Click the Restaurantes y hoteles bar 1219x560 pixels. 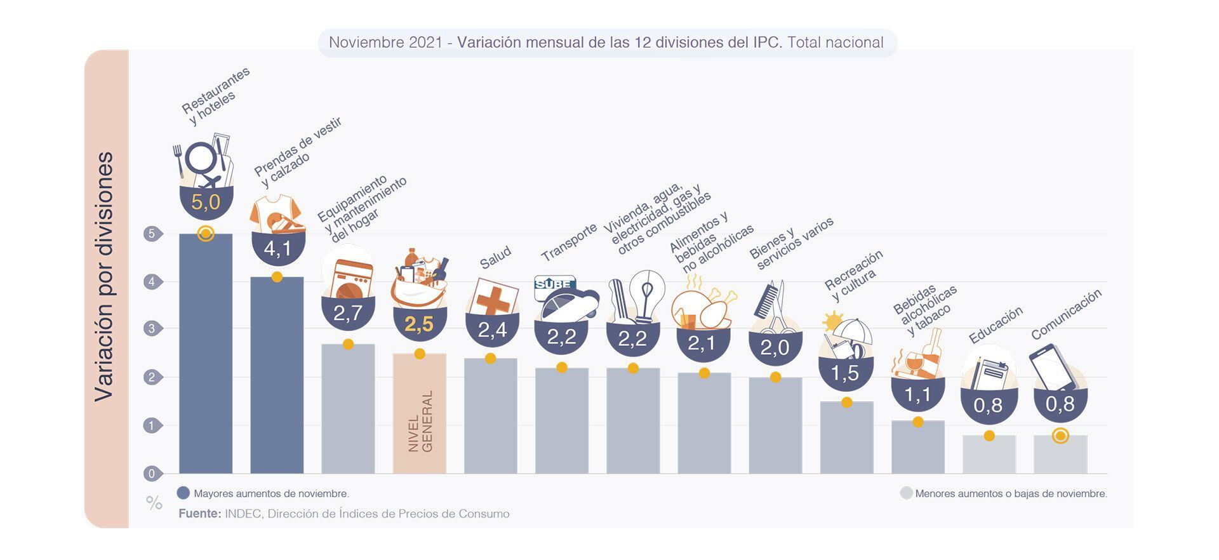206,356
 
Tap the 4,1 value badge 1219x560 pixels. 278,248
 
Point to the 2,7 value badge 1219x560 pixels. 348,312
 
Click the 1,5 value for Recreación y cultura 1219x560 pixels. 845,373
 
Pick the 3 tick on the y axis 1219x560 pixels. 152,329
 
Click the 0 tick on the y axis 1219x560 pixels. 152,474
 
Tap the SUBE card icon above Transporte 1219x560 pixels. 554,284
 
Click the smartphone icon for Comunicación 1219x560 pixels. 1053,366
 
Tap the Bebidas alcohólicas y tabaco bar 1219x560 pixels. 917,447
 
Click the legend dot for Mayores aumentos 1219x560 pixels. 183,493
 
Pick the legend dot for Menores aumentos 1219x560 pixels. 907,493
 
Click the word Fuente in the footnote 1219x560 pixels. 199,514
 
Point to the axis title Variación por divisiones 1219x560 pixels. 104,276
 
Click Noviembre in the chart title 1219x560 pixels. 366,43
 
